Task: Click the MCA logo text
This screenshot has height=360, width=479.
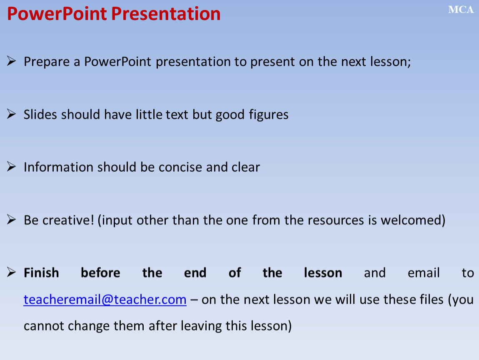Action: click(461, 10)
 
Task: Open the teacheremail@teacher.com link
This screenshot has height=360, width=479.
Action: click(105, 300)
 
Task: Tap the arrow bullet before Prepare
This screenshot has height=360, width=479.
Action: click(11, 61)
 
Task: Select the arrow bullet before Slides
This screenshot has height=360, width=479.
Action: click(11, 114)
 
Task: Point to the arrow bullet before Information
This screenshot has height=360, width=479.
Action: click(11, 167)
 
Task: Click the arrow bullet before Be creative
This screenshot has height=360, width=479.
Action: click(11, 220)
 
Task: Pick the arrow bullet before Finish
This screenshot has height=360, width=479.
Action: click(11, 272)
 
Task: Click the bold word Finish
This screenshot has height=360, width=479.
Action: click(41, 272)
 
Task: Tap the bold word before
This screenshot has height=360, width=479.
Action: click(100, 272)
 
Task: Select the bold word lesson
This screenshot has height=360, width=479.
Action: click(323, 272)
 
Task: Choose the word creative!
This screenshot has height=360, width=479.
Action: click(68, 220)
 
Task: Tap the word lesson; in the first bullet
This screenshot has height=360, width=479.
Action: click(390, 62)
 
